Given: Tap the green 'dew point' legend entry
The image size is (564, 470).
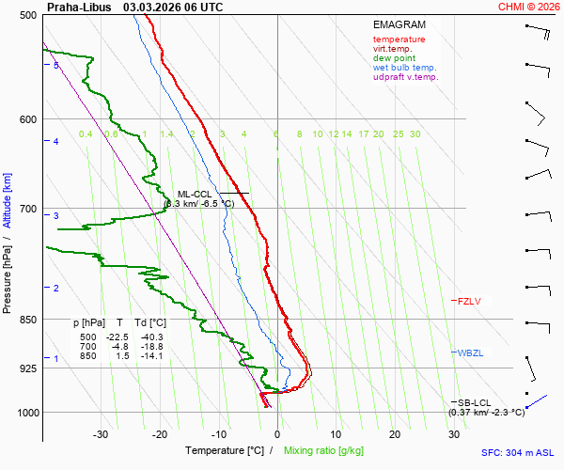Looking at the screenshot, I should pyautogui.click(x=395, y=58).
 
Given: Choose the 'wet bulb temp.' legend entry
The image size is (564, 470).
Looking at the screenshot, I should pyautogui.click(x=404, y=68).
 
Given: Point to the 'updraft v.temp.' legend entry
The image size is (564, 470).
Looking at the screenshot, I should pyautogui.click(x=405, y=77).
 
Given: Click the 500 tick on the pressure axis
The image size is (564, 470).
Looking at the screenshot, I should pyautogui.click(x=27, y=15).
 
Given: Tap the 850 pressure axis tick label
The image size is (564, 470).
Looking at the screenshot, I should pyautogui.click(x=27, y=320).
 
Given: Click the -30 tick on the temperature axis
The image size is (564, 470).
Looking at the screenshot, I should pyautogui.click(x=101, y=434).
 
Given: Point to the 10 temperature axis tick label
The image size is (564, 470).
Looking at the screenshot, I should pyautogui.click(x=336, y=434).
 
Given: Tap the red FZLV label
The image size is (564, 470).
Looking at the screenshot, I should pyautogui.click(x=469, y=302).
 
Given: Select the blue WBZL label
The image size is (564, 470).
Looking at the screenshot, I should pyautogui.click(x=470, y=353).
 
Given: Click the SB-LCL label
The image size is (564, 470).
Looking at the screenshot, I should pyautogui.click(x=476, y=402).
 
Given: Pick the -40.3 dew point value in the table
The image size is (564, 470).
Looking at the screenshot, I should pyautogui.click(x=151, y=337).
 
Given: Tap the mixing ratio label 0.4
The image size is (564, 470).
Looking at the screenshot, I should pyautogui.click(x=86, y=134).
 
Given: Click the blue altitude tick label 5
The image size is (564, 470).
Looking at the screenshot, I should pyautogui.click(x=56, y=65).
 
